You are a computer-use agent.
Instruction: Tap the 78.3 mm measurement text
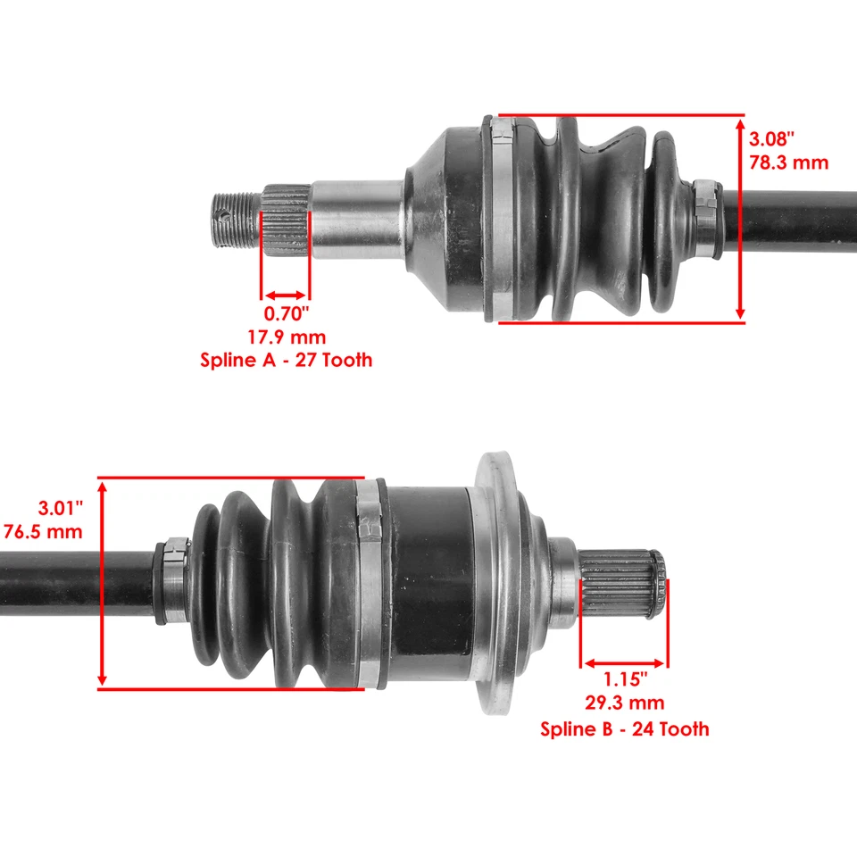788,162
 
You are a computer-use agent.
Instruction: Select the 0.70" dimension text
286,314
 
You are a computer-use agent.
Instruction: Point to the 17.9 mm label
286,337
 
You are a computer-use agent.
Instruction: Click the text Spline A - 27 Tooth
286,361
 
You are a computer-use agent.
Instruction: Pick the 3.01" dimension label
61,508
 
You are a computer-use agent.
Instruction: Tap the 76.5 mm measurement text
44,531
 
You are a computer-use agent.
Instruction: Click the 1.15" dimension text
624,681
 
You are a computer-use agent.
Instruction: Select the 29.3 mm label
624,704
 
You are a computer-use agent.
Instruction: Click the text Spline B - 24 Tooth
624,728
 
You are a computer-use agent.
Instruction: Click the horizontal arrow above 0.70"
286,295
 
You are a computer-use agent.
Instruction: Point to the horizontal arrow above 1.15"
624,663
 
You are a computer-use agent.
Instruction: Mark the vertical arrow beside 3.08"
740,219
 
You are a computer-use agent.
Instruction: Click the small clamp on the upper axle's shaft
707,218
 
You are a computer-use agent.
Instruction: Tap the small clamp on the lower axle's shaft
174,580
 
